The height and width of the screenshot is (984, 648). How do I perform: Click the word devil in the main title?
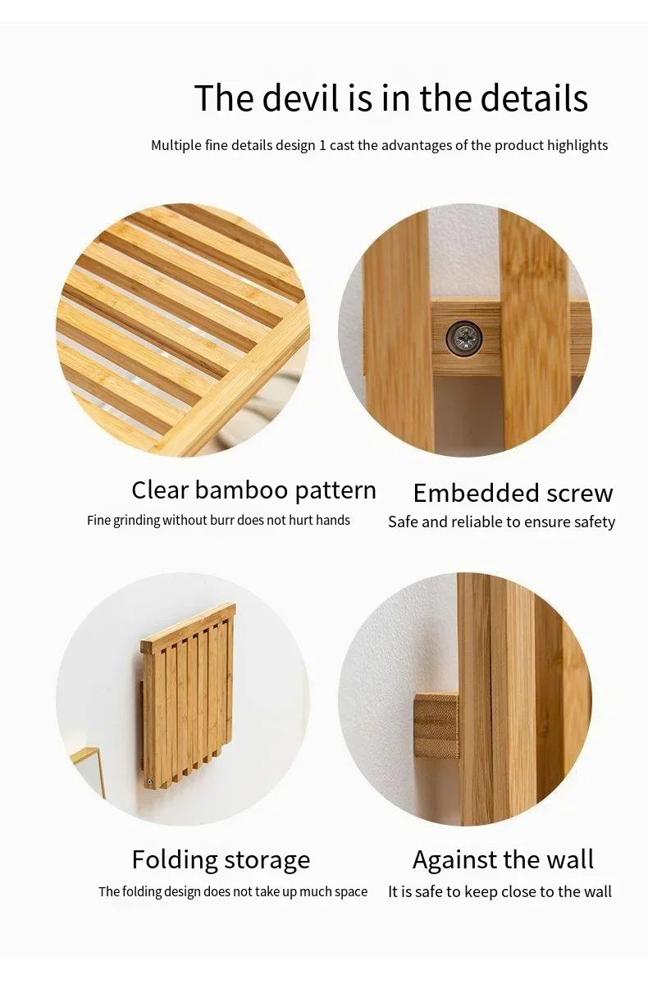click(301, 98)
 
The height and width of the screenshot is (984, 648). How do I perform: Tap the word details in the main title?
click(534, 98)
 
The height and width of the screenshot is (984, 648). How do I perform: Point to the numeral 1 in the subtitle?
click(322, 145)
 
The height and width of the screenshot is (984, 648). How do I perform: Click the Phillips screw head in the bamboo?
click(464, 338)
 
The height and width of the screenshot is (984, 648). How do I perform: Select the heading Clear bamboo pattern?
click(254, 490)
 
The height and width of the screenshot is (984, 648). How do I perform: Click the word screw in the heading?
click(573, 494)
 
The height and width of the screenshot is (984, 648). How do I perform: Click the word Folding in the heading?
click(175, 860)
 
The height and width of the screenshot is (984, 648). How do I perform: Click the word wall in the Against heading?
click(572, 859)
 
